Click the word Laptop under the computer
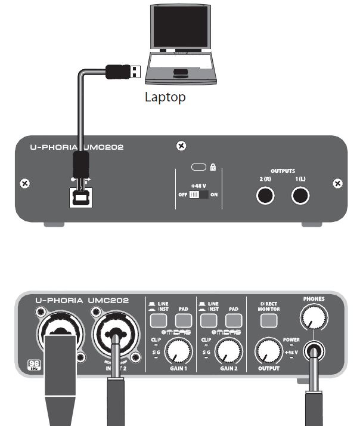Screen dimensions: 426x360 165,97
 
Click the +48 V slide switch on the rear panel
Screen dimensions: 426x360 195,195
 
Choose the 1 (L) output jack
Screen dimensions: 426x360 300,195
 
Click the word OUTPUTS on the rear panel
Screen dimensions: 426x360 283,170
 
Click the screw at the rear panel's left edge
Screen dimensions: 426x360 24,183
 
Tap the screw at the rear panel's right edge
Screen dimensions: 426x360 338,183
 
